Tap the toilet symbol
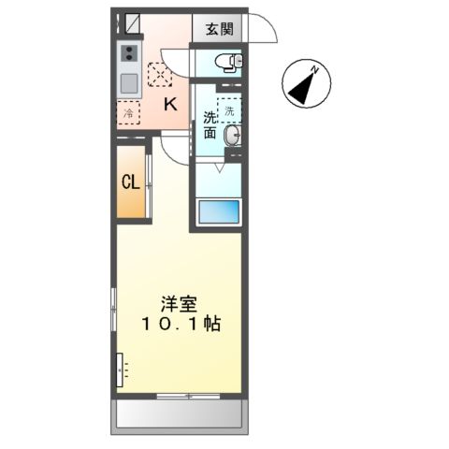(227, 64)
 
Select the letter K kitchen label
(170, 105)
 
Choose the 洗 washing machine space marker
(229, 106)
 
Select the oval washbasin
(230, 135)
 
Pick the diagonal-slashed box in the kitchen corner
(131, 20)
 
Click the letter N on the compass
(317, 69)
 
